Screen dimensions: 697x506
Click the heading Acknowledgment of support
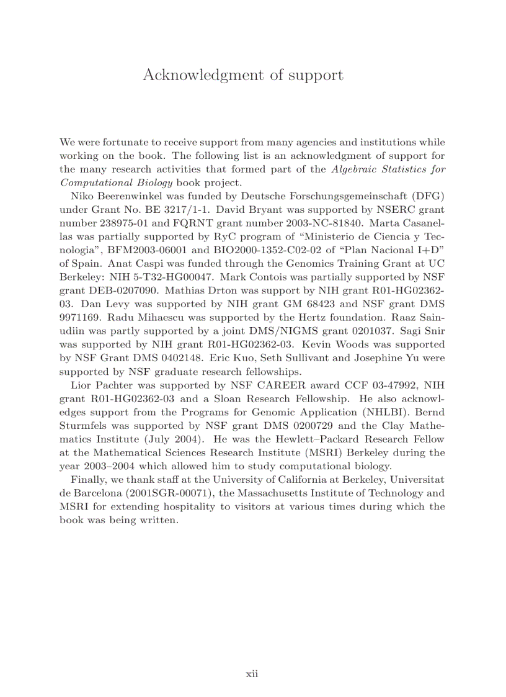[x=242, y=75]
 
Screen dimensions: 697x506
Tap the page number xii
[x=252, y=673]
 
